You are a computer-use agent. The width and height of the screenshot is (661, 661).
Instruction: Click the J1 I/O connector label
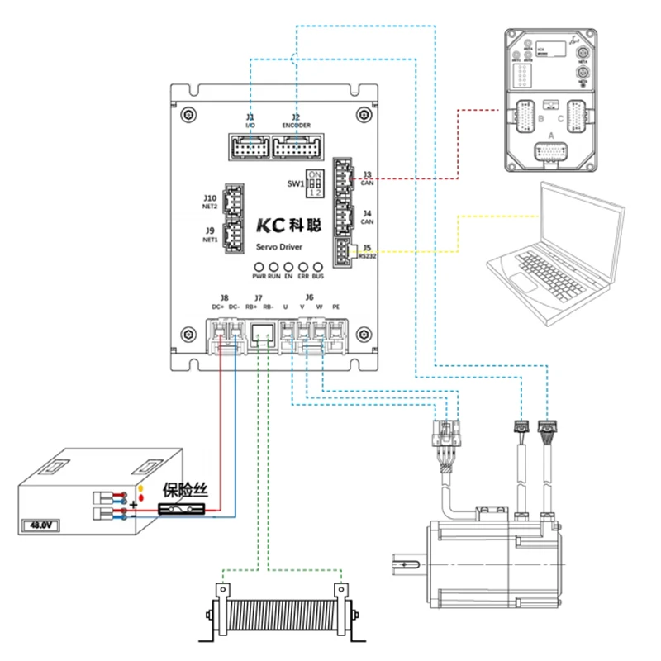pyautogui.click(x=250, y=121)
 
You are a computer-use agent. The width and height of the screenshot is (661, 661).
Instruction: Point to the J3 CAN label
pyautogui.click(x=368, y=178)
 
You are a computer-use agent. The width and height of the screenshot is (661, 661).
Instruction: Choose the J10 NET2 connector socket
pyautogui.click(x=235, y=199)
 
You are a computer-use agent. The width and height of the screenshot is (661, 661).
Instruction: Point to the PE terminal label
pyautogui.click(x=335, y=307)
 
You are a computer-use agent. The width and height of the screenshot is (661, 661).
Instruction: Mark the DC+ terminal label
pyautogui.click(x=217, y=307)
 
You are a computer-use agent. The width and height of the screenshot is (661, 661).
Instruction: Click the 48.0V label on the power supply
pyautogui.click(x=41, y=525)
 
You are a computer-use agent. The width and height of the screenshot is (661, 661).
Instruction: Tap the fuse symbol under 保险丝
pyautogui.click(x=180, y=512)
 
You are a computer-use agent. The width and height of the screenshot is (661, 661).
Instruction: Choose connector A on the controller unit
pyautogui.click(x=553, y=152)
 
